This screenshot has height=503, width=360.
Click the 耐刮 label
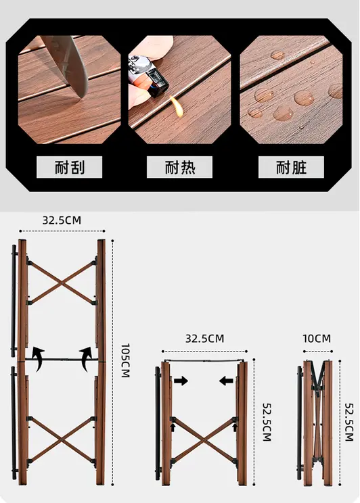[70, 167]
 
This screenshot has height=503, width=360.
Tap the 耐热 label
[180, 167]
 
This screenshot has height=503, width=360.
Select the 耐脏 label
[291, 167]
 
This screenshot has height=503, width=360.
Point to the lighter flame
[177, 107]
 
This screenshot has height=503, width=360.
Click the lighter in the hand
[148, 76]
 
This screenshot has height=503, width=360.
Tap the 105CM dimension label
[125, 360]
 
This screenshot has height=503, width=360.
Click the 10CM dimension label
[317, 339]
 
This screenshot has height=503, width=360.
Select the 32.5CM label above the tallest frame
[62, 220]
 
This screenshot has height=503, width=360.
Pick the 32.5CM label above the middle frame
[204, 339]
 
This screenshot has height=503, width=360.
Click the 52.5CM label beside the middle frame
[267, 422]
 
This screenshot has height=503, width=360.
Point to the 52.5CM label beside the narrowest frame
[349, 422]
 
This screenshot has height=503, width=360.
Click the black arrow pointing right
[181, 381]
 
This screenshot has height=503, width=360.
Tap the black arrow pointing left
[227, 381]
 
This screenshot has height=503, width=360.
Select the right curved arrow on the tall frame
[86, 358]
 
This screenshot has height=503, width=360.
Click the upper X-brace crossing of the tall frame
[62, 283]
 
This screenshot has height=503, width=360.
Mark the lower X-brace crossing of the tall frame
[62, 439]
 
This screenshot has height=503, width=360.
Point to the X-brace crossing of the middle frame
[204, 440]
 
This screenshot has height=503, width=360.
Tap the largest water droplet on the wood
[303, 97]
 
